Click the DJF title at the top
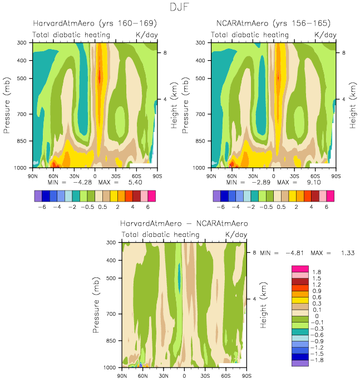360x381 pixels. click(x=180, y=7)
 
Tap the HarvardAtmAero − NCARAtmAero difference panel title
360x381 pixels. click(x=184, y=223)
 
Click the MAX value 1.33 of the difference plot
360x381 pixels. click(x=344, y=253)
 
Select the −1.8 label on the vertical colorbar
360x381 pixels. click(x=316, y=360)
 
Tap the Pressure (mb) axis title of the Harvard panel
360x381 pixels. click(x=8, y=105)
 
